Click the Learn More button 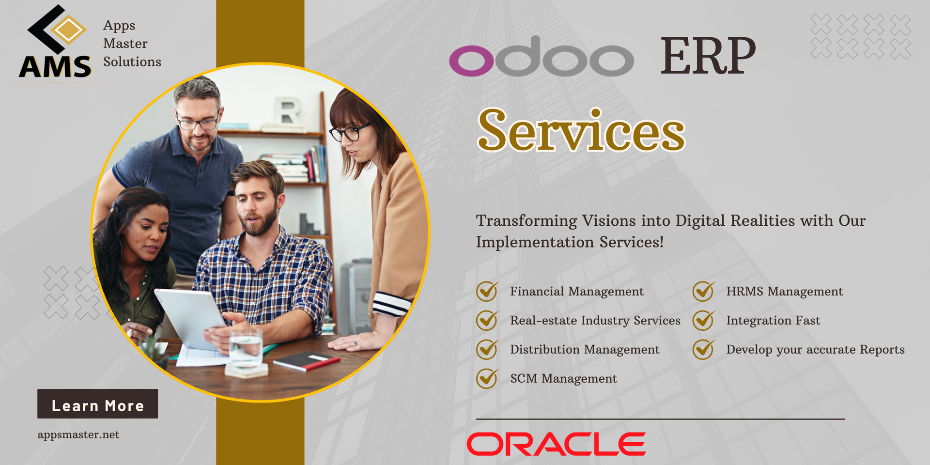[x=97, y=403]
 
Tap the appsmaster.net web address [x=78, y=434]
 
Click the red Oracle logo [x=556, y=444]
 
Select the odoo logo [x=542, y=57]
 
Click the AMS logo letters [x=55, y=67]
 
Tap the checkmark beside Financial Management [x=487, y=291]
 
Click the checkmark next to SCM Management [x=487, y=378]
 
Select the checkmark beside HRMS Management [x=703, y=291]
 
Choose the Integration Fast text [x=773, y=320]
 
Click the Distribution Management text [x=585, y=350]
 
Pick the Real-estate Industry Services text [x=595, y=321]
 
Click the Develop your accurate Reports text [x=815, y=350]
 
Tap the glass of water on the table [x=246, y=348]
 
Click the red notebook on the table [x=306, y=361]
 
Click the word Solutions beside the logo [x=132, y=62]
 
